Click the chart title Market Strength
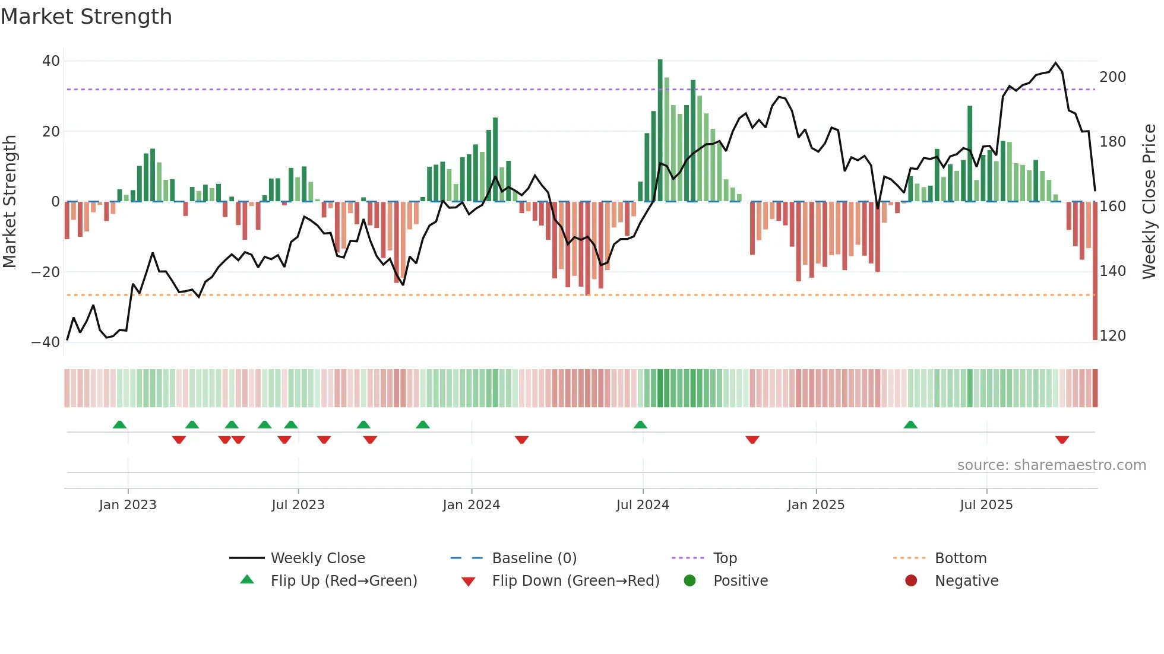click(x=86, y=17)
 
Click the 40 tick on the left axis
click(x=51, y=61)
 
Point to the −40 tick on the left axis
click(x=46, y=342)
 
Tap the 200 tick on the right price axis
click(x=1112, y=77)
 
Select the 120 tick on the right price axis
click(x=1112, y=336)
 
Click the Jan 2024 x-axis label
click(x=471, y=505)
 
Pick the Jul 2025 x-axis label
click(x=986, y=505)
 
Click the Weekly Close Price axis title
click(x=1149, y=202)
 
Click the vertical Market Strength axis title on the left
click(x=10, y=202)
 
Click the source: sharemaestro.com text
click(x=1051, y=465)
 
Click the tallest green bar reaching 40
click(x=660, y=131)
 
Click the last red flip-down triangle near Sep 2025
click(x=1062, y=440)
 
